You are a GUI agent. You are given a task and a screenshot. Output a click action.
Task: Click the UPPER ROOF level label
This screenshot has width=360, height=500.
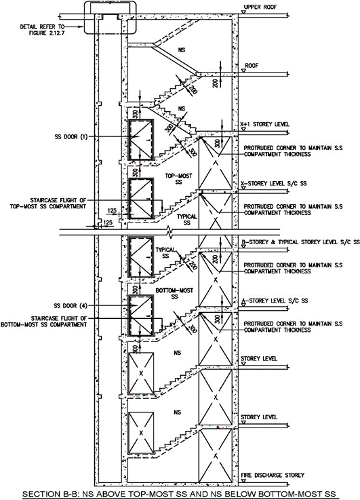pyautogui.click(x=260, y=7)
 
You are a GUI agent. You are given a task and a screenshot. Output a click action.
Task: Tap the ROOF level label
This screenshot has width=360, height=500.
pyautogui.click(x=252, y=66)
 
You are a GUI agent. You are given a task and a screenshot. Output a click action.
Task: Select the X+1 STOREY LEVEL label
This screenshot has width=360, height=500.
pyautogui.click(x=264, y=124)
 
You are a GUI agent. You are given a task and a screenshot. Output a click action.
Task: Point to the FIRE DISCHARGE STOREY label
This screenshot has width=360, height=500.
pyautogui.click(x=273, y=476)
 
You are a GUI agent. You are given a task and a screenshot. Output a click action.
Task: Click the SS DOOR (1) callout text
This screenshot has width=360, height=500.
pyautogui.click(x=71, y=137)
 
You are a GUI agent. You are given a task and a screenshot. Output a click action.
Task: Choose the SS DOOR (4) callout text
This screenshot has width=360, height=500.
pyautogui.click(x=71, y=306)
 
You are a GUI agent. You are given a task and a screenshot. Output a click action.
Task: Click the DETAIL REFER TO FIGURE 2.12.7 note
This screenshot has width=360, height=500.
pyautogui.click(x=42, y=30)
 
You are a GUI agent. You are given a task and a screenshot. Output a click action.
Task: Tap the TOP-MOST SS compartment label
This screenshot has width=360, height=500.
pyautogui.click(x=179, y=179)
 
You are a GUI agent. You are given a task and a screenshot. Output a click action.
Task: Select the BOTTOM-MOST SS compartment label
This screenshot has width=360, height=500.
pyautogui.click(x=174, y=294)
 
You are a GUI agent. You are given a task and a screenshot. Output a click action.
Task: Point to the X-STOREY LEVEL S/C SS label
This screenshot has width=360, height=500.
pyautogui.click(x=274, y=184)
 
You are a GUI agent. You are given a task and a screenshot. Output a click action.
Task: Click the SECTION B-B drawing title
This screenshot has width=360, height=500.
pyautogui.click(x=179, y=495)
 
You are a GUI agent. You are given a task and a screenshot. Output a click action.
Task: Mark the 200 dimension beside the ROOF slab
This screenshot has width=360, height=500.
pyautogui.click(x=216, y=83)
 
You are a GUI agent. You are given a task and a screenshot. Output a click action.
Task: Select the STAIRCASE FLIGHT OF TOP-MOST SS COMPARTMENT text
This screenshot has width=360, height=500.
pyautogui.click(x=48, y=204)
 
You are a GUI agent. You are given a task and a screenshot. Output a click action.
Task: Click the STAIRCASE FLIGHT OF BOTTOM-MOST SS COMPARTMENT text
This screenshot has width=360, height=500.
pyautogui.click(x=43, y=322)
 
